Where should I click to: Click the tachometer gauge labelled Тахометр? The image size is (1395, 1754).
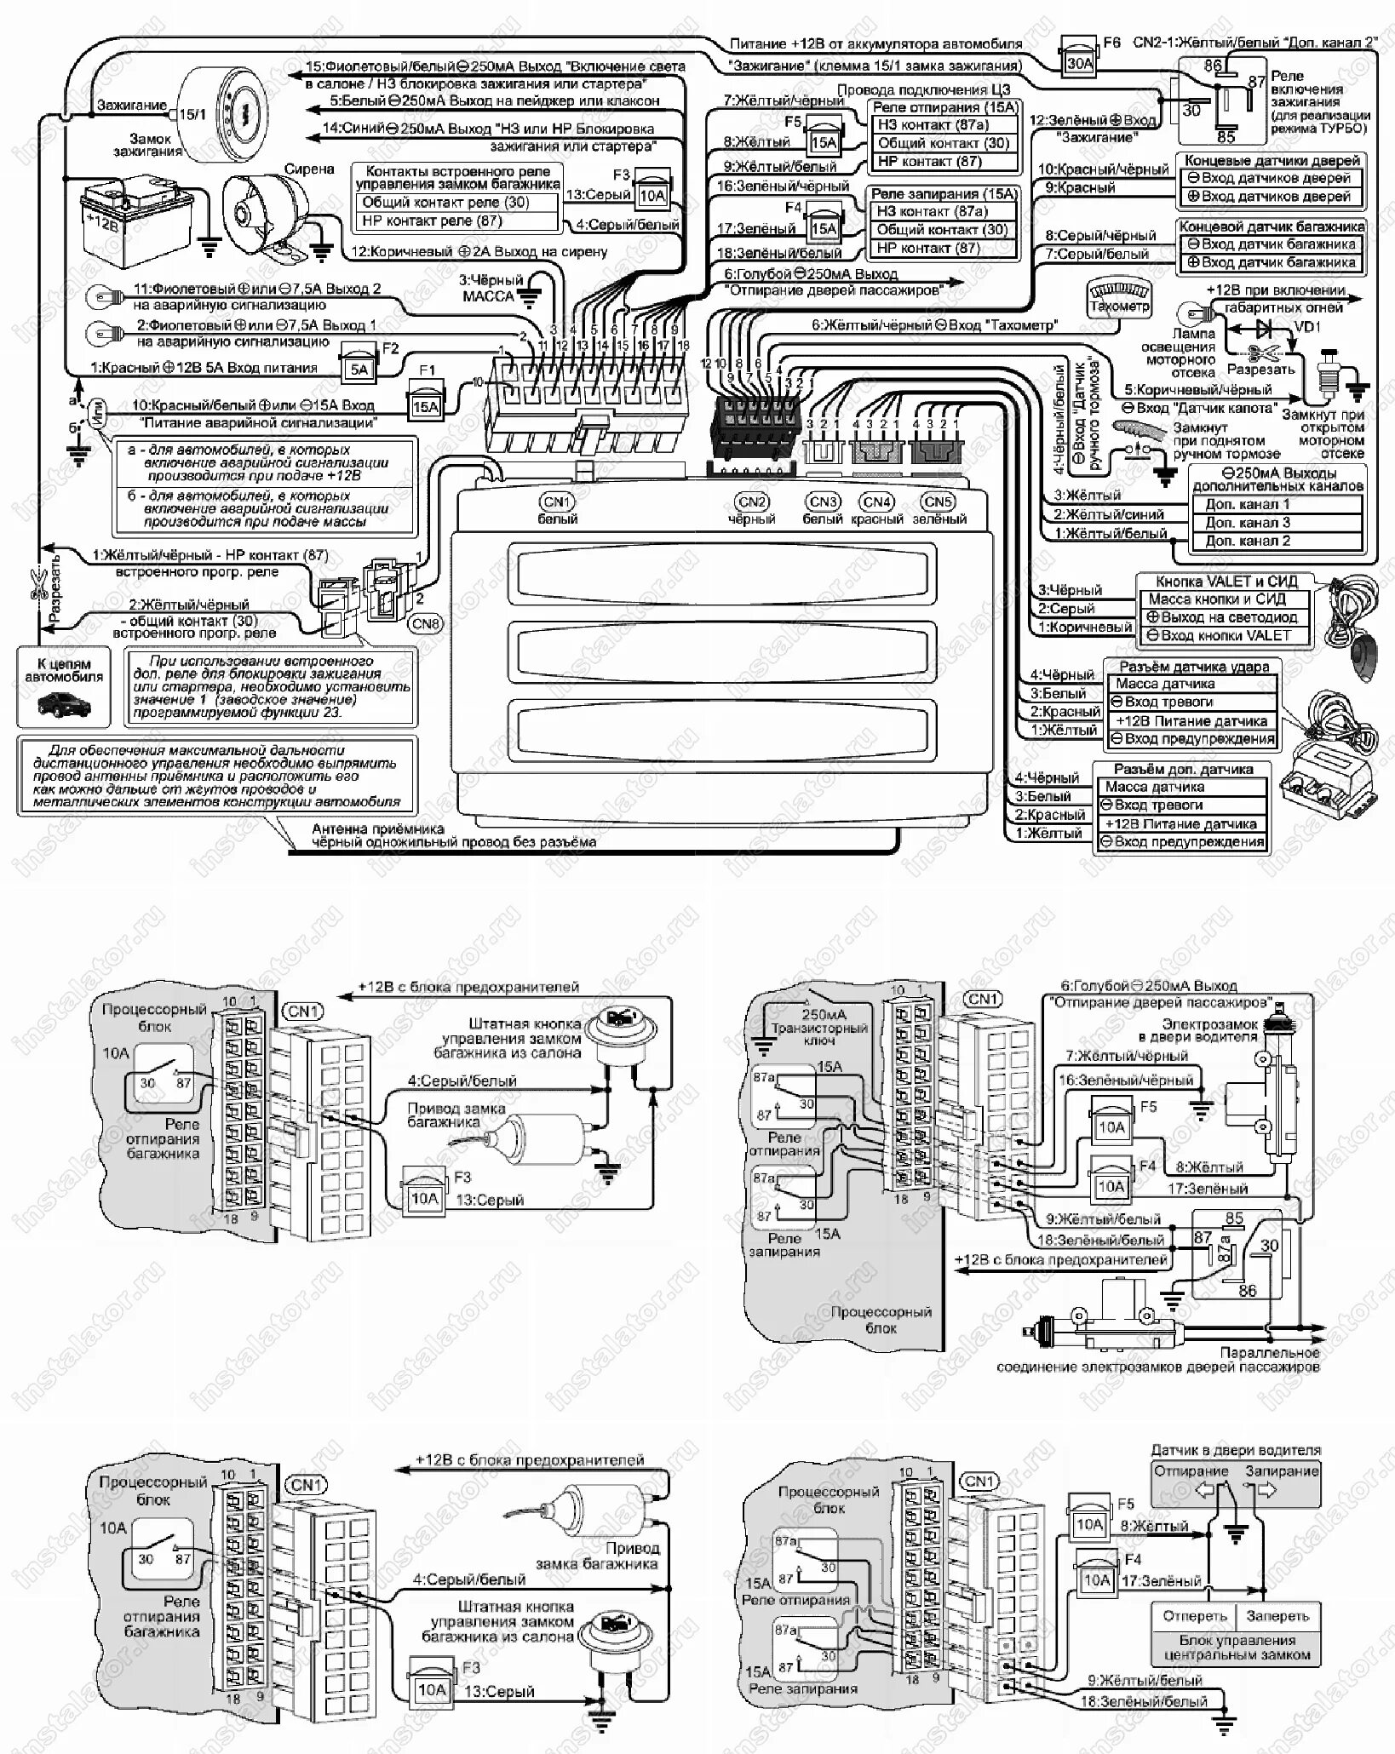click(x=1119, y=298)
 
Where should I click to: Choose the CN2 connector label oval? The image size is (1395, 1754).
click(x=752, y=502)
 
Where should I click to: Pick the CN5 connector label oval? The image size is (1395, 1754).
click(x=939, y=502)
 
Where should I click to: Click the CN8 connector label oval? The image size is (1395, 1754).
click(x=425, y=623)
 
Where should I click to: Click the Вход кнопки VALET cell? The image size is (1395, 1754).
click(x=1224, y=635)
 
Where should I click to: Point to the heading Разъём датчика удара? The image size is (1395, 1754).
click(x=1193, y=666)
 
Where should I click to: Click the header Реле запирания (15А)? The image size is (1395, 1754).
click(x=944, y=193)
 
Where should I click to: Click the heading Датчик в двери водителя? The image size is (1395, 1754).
click(x=1236, y=1449)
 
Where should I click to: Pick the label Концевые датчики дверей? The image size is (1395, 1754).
click(x=1272, y=160)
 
